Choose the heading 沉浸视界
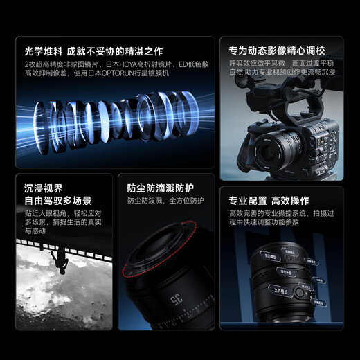pyautogui.click(x=43, y=188)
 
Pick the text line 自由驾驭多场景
pyautogui.click(x=58, y=201)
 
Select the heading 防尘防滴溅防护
pyautogui.click(x=160, y=188)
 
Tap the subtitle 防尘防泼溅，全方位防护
pyautogui.click(x=165, y=201)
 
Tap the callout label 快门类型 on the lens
pyautogui.click(x=270, y=258)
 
